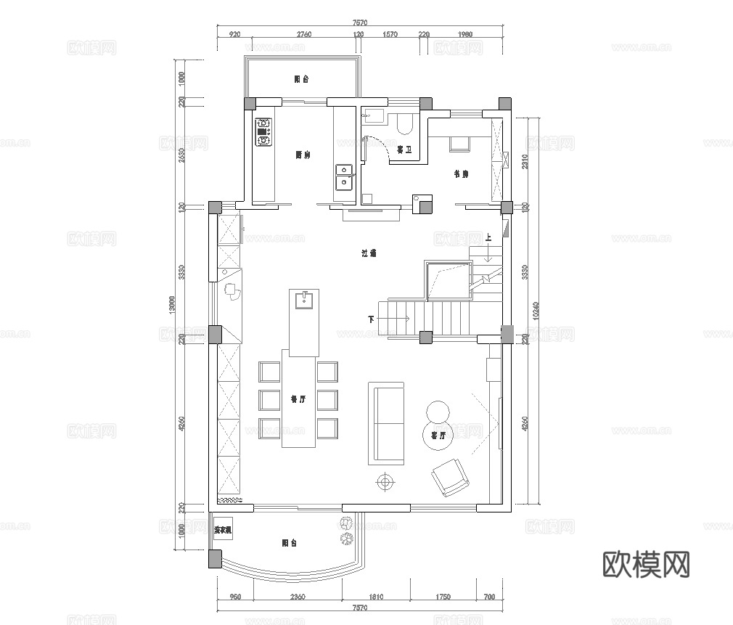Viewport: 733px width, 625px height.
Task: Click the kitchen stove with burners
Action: pos(263,132)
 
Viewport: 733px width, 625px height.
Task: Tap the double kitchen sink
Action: pos(343,176)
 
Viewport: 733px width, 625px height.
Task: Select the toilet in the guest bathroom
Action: pos(405,125)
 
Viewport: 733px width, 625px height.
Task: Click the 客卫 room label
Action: pos(404,150)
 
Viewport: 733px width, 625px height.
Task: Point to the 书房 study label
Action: pos(461,174)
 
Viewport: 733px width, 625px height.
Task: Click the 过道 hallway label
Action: pos(369,253)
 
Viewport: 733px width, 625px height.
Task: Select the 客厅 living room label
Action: pos(438,436)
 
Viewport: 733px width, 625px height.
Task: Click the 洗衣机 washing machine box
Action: pos(223,531)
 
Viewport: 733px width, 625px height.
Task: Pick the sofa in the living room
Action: pos(387,423)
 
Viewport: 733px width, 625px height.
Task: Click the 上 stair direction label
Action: pos(489,237)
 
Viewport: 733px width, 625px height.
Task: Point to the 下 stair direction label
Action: pos(371,319)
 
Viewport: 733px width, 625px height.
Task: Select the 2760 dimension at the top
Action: pos(303,34)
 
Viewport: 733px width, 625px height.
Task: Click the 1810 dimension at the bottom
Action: pos(376,597)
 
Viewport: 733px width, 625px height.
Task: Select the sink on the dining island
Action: pos(303,299)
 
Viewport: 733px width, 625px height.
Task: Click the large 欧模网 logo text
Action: pos(646,563)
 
